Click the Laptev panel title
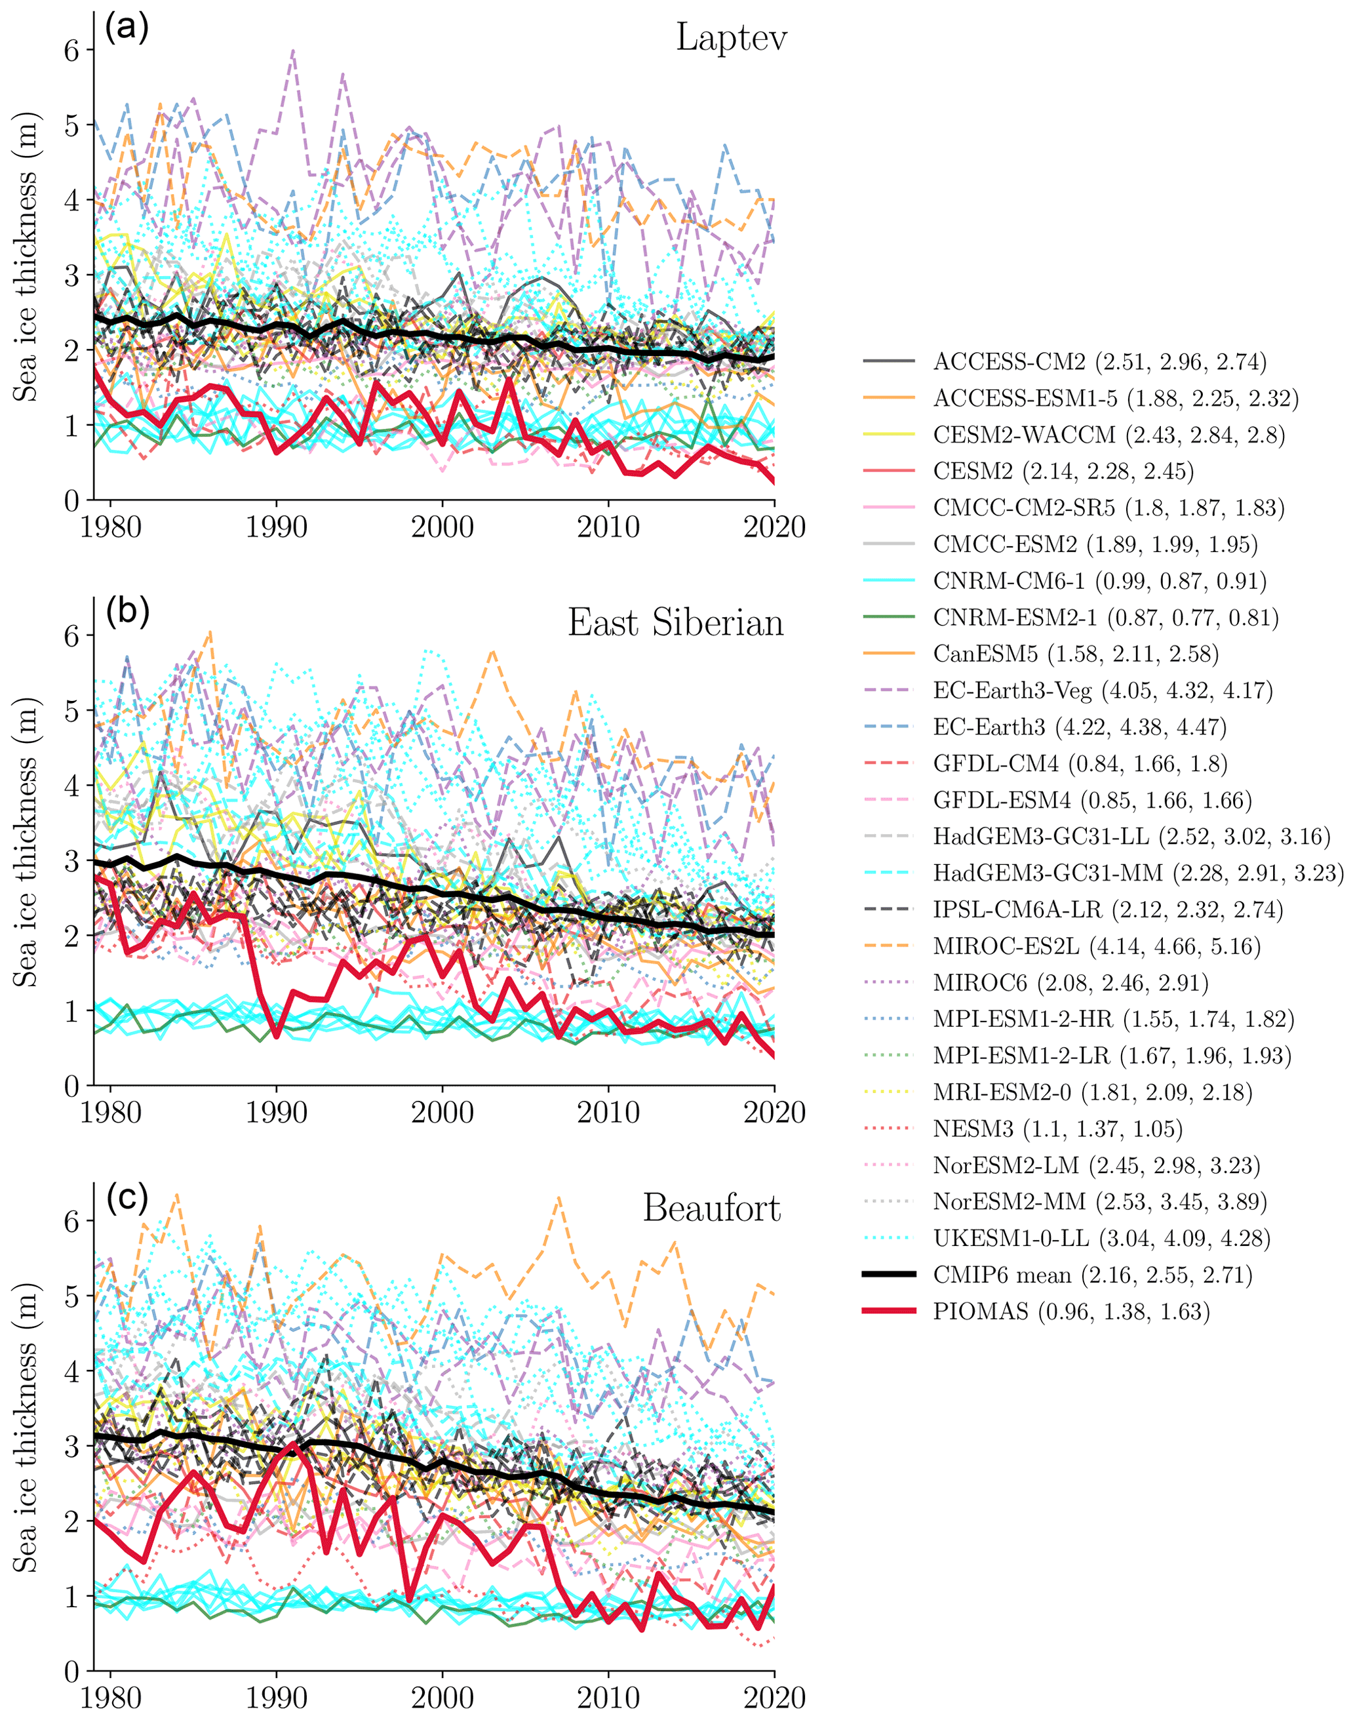click(x=731, y=38)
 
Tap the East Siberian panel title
click(x=675, y=624)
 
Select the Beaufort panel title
click(x=711, y=1209)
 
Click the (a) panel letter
click(x=127, y=29)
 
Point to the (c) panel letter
click(x=127, y=1198)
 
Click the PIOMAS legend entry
click(x=1071, y=1311)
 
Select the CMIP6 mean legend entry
click(x=1092, y=1275)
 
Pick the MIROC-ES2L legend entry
click(x=1096, y=946)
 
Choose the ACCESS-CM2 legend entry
click(x=1099, y=362)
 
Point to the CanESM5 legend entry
click(x=1076, y=654)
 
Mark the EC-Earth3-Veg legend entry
click(x=1103, y=690)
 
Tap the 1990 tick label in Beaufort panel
click(x=276, y=1698)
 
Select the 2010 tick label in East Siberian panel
click(x=608, y=1113)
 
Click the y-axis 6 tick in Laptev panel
click(x=72, y=50)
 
